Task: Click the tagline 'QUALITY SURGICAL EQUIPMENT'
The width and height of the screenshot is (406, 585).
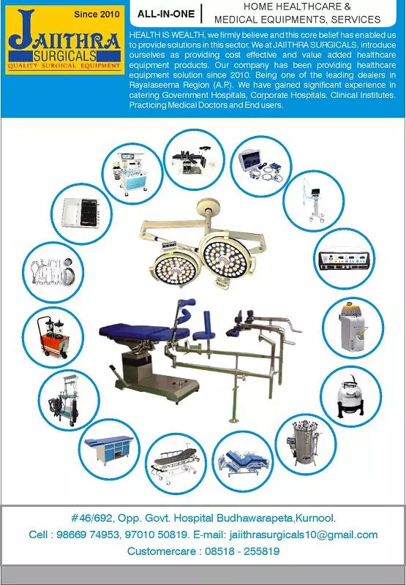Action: tap(64, 67)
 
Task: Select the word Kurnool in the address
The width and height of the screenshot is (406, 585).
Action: tap(315, 518)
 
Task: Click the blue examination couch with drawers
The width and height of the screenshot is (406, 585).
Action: tap(110, 448)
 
